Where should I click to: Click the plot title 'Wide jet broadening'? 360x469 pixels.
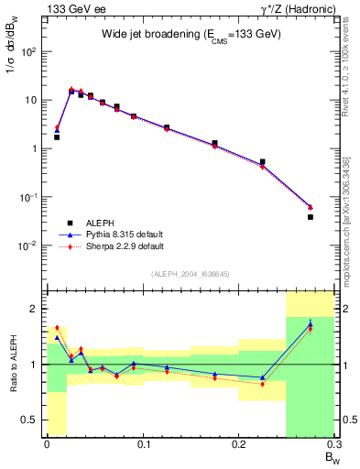click(191, 33)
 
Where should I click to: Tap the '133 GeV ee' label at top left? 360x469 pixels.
click(70, 8)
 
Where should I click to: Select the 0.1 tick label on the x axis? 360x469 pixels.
click(143, 445)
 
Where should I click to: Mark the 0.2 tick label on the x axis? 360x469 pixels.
click(239, 445)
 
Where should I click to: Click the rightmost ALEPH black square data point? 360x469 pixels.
click(310, 217)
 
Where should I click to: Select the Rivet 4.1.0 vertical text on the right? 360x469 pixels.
click(346, 64)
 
